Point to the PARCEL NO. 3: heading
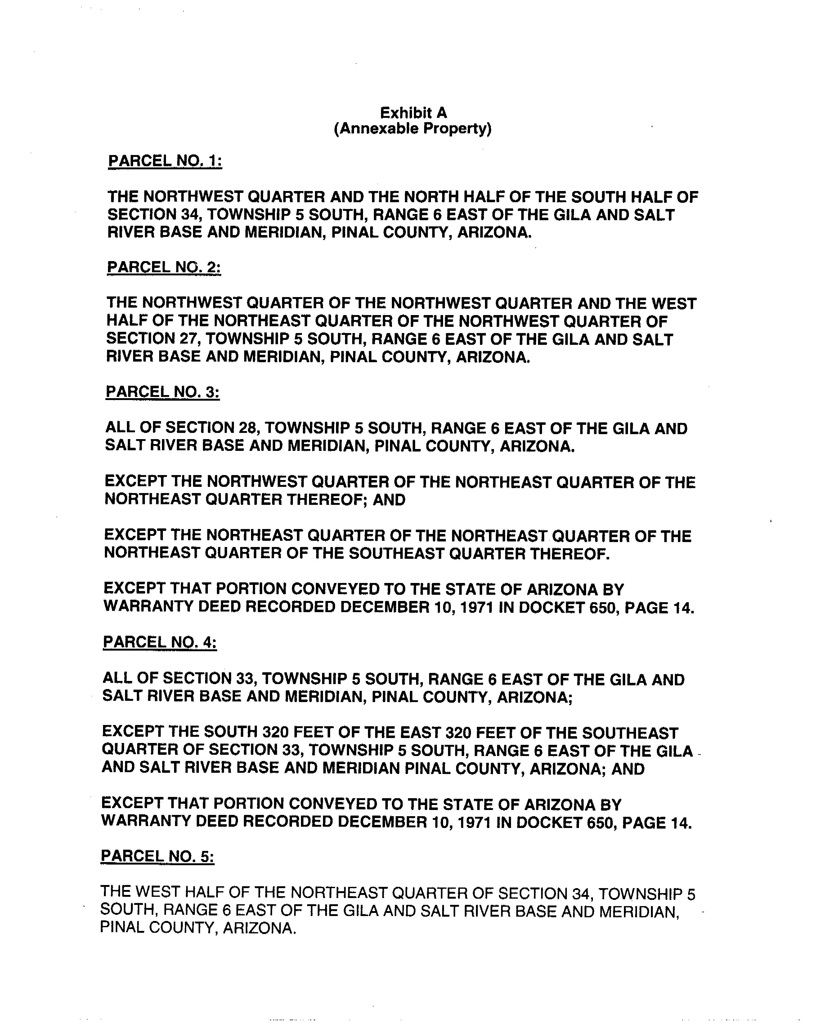[x=162, y=392]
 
